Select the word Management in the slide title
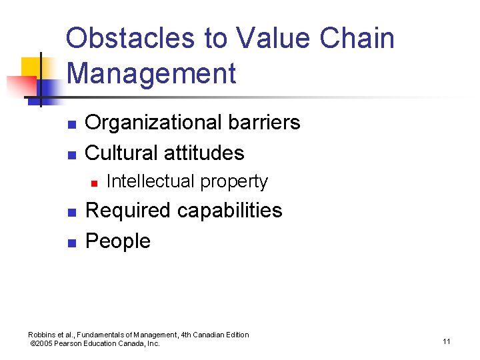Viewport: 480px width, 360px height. click(151, 73)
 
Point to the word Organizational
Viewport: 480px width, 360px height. click(149, 123)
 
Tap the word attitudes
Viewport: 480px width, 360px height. click(206, 153)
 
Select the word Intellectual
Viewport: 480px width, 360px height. click(151, 181)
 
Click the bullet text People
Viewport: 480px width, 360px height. click(118, 241)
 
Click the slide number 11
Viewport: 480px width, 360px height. click(446, 341)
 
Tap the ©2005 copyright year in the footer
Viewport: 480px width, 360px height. click(42, 344)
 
